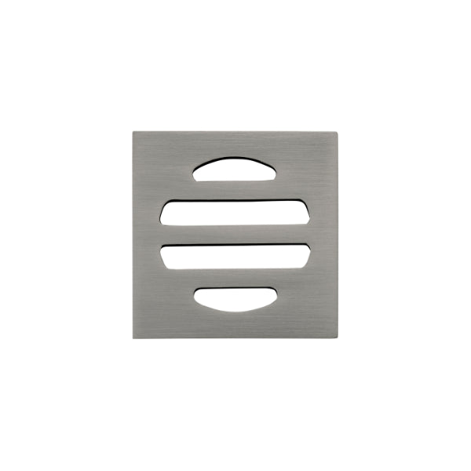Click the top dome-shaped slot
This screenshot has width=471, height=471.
(x=235, y=170)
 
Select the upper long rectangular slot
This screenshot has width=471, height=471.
(x=235, y=212)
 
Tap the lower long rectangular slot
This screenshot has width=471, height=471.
(x=235, y=257)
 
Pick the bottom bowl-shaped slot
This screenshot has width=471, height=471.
(x=235, y=298)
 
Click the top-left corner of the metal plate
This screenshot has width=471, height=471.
(x=134, y=132)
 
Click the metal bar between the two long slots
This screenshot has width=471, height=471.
(x=235, y=235)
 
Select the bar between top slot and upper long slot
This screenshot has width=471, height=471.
(x=235, y=190)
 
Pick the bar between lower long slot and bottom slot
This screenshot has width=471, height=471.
(x=235, y=279)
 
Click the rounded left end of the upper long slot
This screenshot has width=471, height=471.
(x=165, y=213)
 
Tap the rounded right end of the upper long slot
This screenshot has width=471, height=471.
(x=305, y=212)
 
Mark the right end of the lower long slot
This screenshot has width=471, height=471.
(x=305, y=256)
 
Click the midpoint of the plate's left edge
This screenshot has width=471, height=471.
(x=134, y=235)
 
